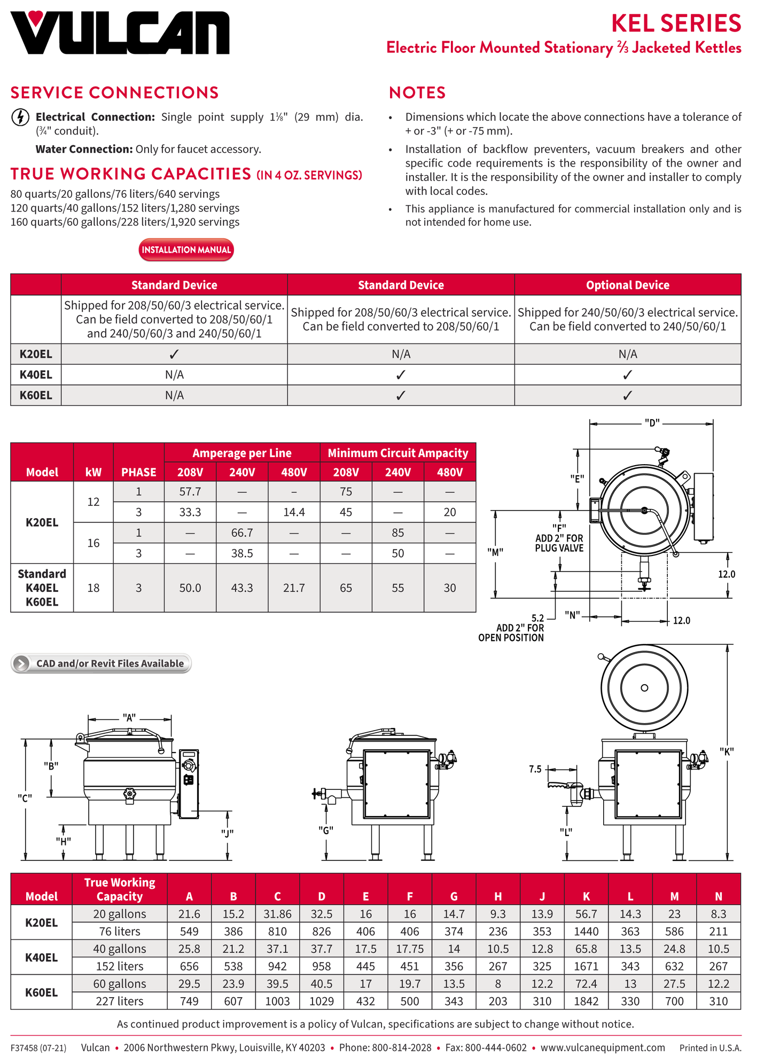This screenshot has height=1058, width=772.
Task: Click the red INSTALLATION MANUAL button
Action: pyautogui.click(x=186, y=250)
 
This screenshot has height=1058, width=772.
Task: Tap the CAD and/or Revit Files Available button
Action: pyautogui.click(x=101, y=663)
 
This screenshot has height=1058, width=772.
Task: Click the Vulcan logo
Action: pyautogui.click(x=120, y=33)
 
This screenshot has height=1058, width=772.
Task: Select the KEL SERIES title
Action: pyautogui.click(x=676, y=23)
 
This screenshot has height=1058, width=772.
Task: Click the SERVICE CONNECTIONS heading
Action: pyautogui.click(x=115, y=93)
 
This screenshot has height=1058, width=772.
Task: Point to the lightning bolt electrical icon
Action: pyautogui.click(x=20, y=117)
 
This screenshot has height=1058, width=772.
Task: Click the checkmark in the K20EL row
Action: pyautogui.click(x=174, y=354)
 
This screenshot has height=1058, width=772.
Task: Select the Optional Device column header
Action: pyautogui.click(x=627, y=285)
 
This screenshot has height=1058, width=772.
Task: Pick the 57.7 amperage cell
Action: pyautogui.click(x=190, y=491)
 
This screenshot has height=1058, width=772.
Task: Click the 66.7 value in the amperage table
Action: pyautogui.click(x=242, y=532)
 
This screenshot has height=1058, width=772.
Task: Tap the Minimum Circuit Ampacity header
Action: pyautogui.click(x=397, y=453)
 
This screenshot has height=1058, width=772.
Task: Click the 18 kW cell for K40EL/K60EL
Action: pyautogui.click(x=93, y=587)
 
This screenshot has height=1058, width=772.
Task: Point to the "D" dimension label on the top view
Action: pyautogui.click(x=652, y=423)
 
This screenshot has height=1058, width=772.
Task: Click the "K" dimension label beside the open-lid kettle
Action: pyautogui.click(x=727, y=751)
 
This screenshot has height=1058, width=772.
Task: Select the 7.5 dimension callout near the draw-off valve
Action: pyautogui.click(x=535, y=769)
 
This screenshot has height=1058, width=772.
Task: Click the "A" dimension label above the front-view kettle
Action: pyautogui.click(x=129, y=718)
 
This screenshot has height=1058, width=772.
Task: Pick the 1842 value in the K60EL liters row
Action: pyautogui.click(x=586, y=1001)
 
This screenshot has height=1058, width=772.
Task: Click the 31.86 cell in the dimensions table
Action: pyautogui.click(x=277, y=914)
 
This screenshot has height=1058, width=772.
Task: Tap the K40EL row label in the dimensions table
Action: pyautogui.click(x=42, y=957)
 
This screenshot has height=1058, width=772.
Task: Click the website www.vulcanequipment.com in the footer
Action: pyautogui.click(x=603, y=1047)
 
